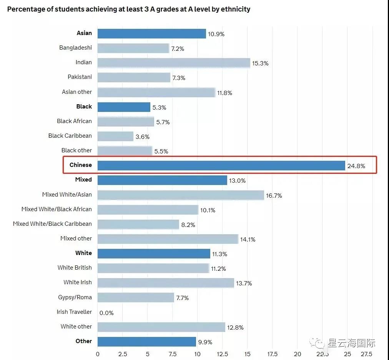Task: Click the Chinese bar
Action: pyautogui.click(x=221, y=165)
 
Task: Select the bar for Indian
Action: pyautogui.click(x=174, y=63)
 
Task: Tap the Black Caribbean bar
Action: pyautogui.click(x=115, y=136)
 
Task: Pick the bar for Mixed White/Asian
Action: pyautogui.click(x=181, y=195)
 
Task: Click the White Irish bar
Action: pyautogui.click(x=166, y=283)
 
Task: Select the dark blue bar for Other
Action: pyautogui.click(x=146, y=342)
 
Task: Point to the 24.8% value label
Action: pyautogui.click(x=356, y=166)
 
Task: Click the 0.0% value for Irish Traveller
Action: pyautogui.click(x=106, y=313)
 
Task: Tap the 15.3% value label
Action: pyautogui.click(x=260, y=63)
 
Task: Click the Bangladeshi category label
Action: pyautogui.click(x=75, y=48)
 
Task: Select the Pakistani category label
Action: pyautogui.click(x=80, y=77)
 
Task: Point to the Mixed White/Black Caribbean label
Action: pyautogui.click(x=52, y=224)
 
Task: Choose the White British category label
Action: pyautogui.click(x=75, y=268)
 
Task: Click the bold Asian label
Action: pyautogui.click(x=84, y=33)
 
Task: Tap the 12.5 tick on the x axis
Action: pyautogui.click(x=223, y=354)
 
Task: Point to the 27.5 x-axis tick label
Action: pyautogui.click(x=366, y=354)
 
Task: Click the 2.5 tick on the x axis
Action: pyautogui.click(x=123, y=354)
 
